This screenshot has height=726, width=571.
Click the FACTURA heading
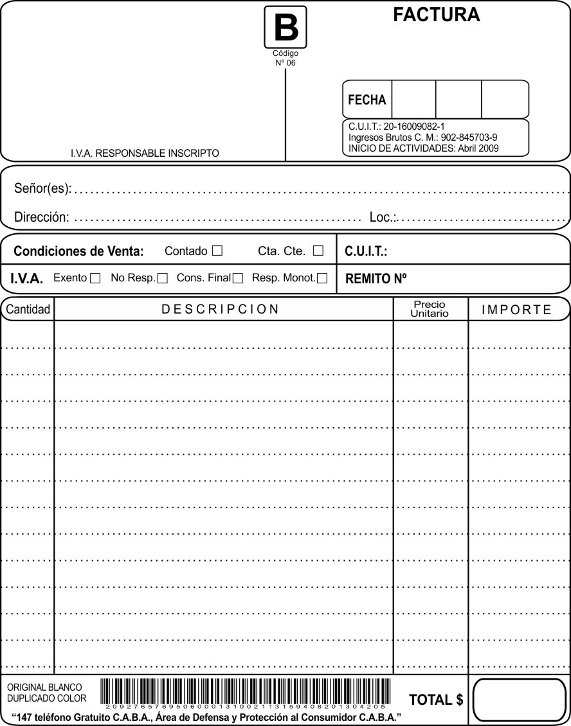(436, 15)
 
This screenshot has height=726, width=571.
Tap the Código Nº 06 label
(285, 58)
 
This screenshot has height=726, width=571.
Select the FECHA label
(367, 100)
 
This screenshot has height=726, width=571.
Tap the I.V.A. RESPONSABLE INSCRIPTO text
(145, 154)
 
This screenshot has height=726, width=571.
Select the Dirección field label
(42, 217)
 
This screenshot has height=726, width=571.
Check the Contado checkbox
(217, 251)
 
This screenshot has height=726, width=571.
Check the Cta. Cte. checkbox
(318, 251)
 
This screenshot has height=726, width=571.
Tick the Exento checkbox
(95, 279)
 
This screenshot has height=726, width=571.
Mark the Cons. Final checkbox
(238, 279)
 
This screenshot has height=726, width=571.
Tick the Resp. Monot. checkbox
(322, 279)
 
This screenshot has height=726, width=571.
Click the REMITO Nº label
(377, 279)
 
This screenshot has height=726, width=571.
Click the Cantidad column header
(28, 310)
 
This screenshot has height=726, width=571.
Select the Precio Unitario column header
(430, 309)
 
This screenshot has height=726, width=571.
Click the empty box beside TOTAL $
(518, 700)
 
